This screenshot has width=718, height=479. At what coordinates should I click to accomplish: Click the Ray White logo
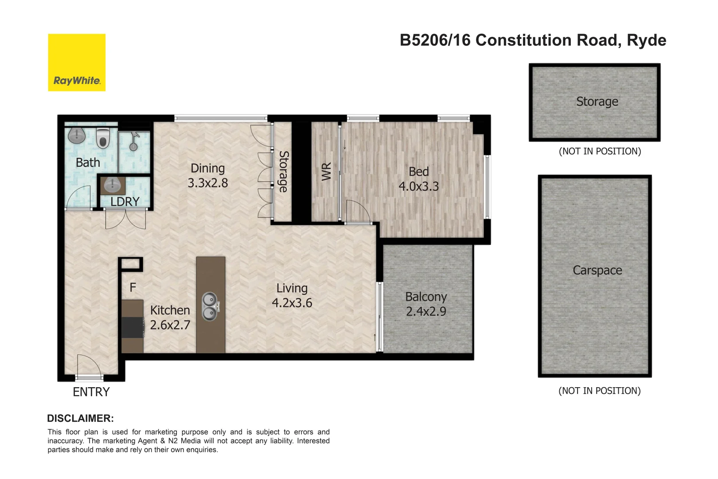click(x=77, y=63)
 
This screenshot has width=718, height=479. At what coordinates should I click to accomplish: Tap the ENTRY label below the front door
click(x=91, y=392)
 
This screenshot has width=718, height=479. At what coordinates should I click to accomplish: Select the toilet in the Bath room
click(x=103, y=138)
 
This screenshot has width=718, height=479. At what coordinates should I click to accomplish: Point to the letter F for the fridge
click(x=133, y=288)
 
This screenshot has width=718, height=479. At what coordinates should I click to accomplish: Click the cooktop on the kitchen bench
click(x=133, y=327)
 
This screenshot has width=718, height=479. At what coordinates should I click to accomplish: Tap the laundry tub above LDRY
click(x=112, y=185)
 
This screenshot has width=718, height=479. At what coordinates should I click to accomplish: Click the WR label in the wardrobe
click(x=326, y=172)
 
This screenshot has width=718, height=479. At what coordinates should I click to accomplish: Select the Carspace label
click(x=597, y=270)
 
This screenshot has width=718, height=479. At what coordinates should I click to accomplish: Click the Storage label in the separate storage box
click(x=597, y=102)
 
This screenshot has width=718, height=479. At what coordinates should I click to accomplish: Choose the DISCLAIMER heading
click(x=80, y=418)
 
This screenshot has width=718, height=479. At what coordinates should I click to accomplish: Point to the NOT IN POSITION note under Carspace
click(x=599, y=391)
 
